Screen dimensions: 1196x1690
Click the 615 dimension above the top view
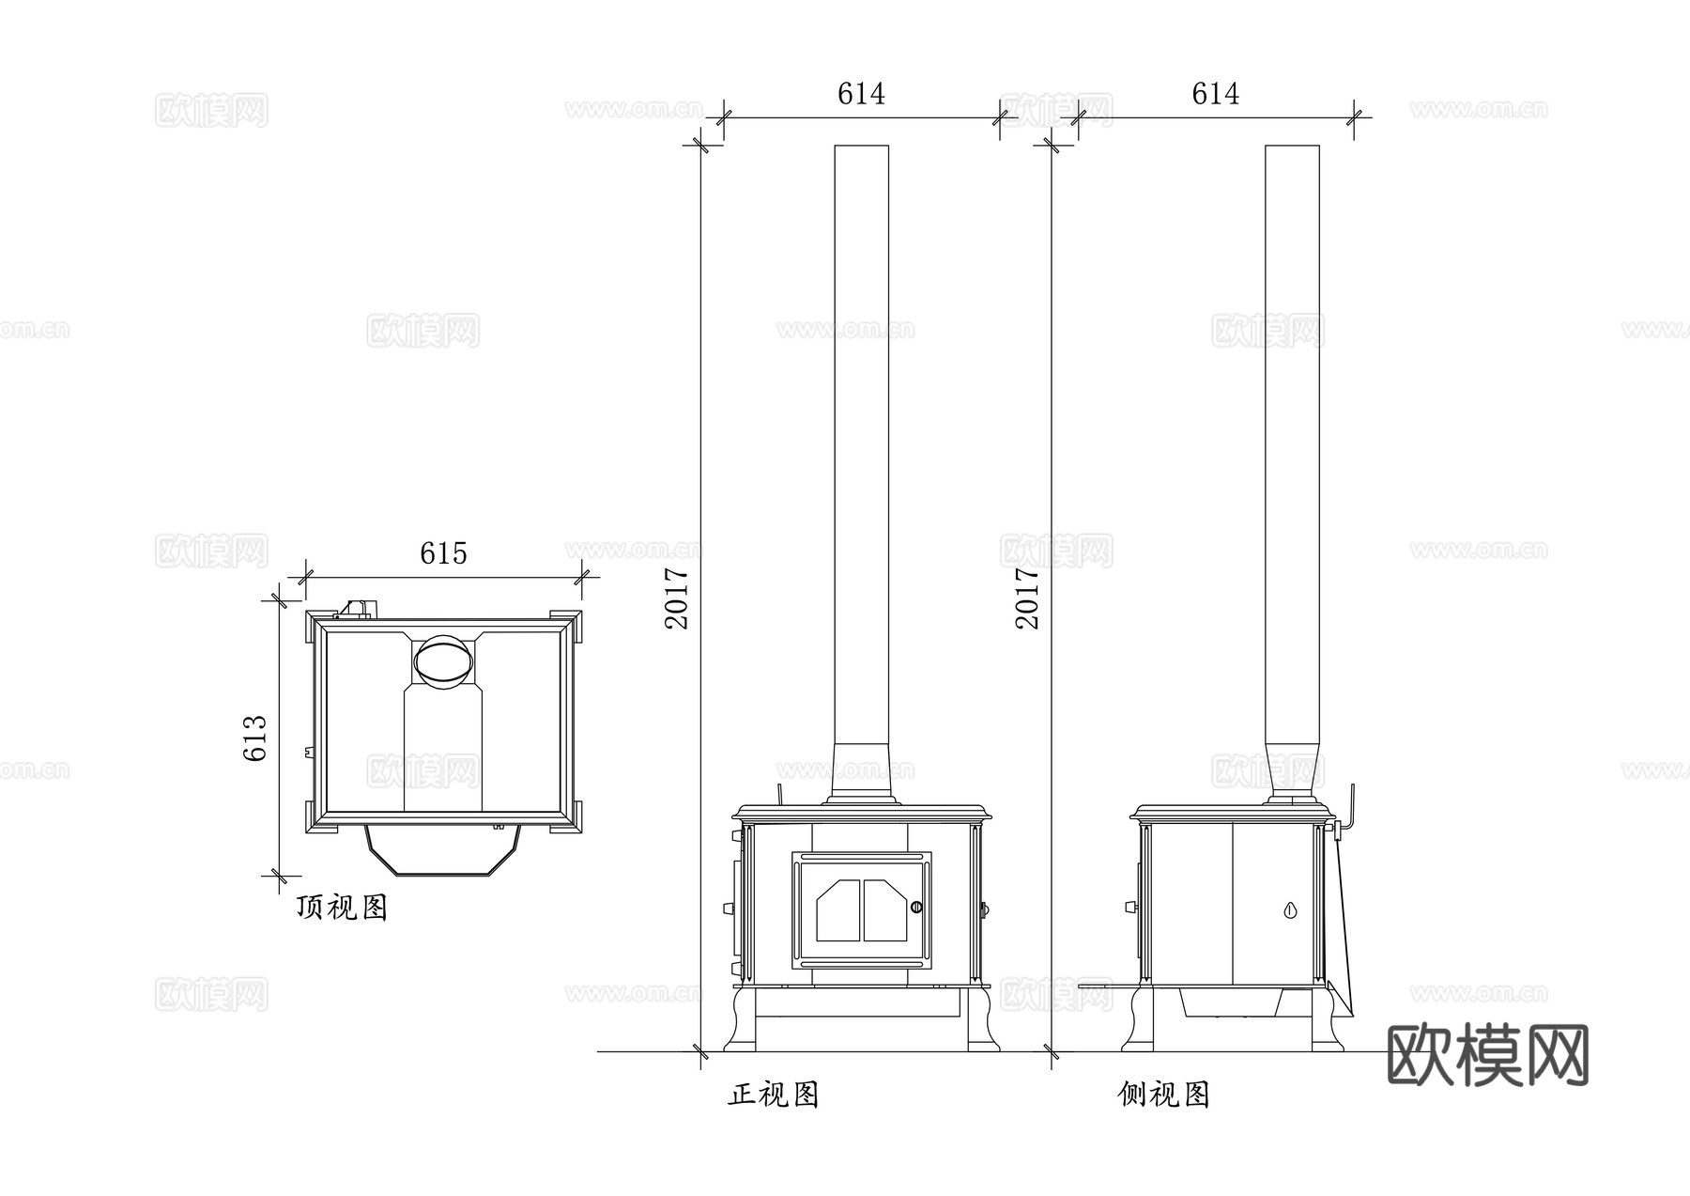point(443,553)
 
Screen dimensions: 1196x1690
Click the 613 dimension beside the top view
point(256,738)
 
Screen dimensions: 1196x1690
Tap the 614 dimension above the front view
point(861,94)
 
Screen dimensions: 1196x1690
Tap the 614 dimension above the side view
point(1215,94)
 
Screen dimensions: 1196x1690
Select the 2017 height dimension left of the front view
point(677,598)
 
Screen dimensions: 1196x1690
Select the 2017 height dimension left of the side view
point(1028,598)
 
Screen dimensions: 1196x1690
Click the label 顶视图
point(342,908)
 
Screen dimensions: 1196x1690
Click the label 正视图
point(774,1095)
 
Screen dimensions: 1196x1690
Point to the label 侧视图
point(1164,1095)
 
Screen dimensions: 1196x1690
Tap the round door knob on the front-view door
point(916,907)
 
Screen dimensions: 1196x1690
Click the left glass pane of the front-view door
point(838,910)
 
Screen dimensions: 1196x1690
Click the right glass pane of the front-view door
point(885,910)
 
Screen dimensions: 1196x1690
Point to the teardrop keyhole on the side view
point(1290,910)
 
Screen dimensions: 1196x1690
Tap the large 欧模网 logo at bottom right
point(1487,1055)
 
